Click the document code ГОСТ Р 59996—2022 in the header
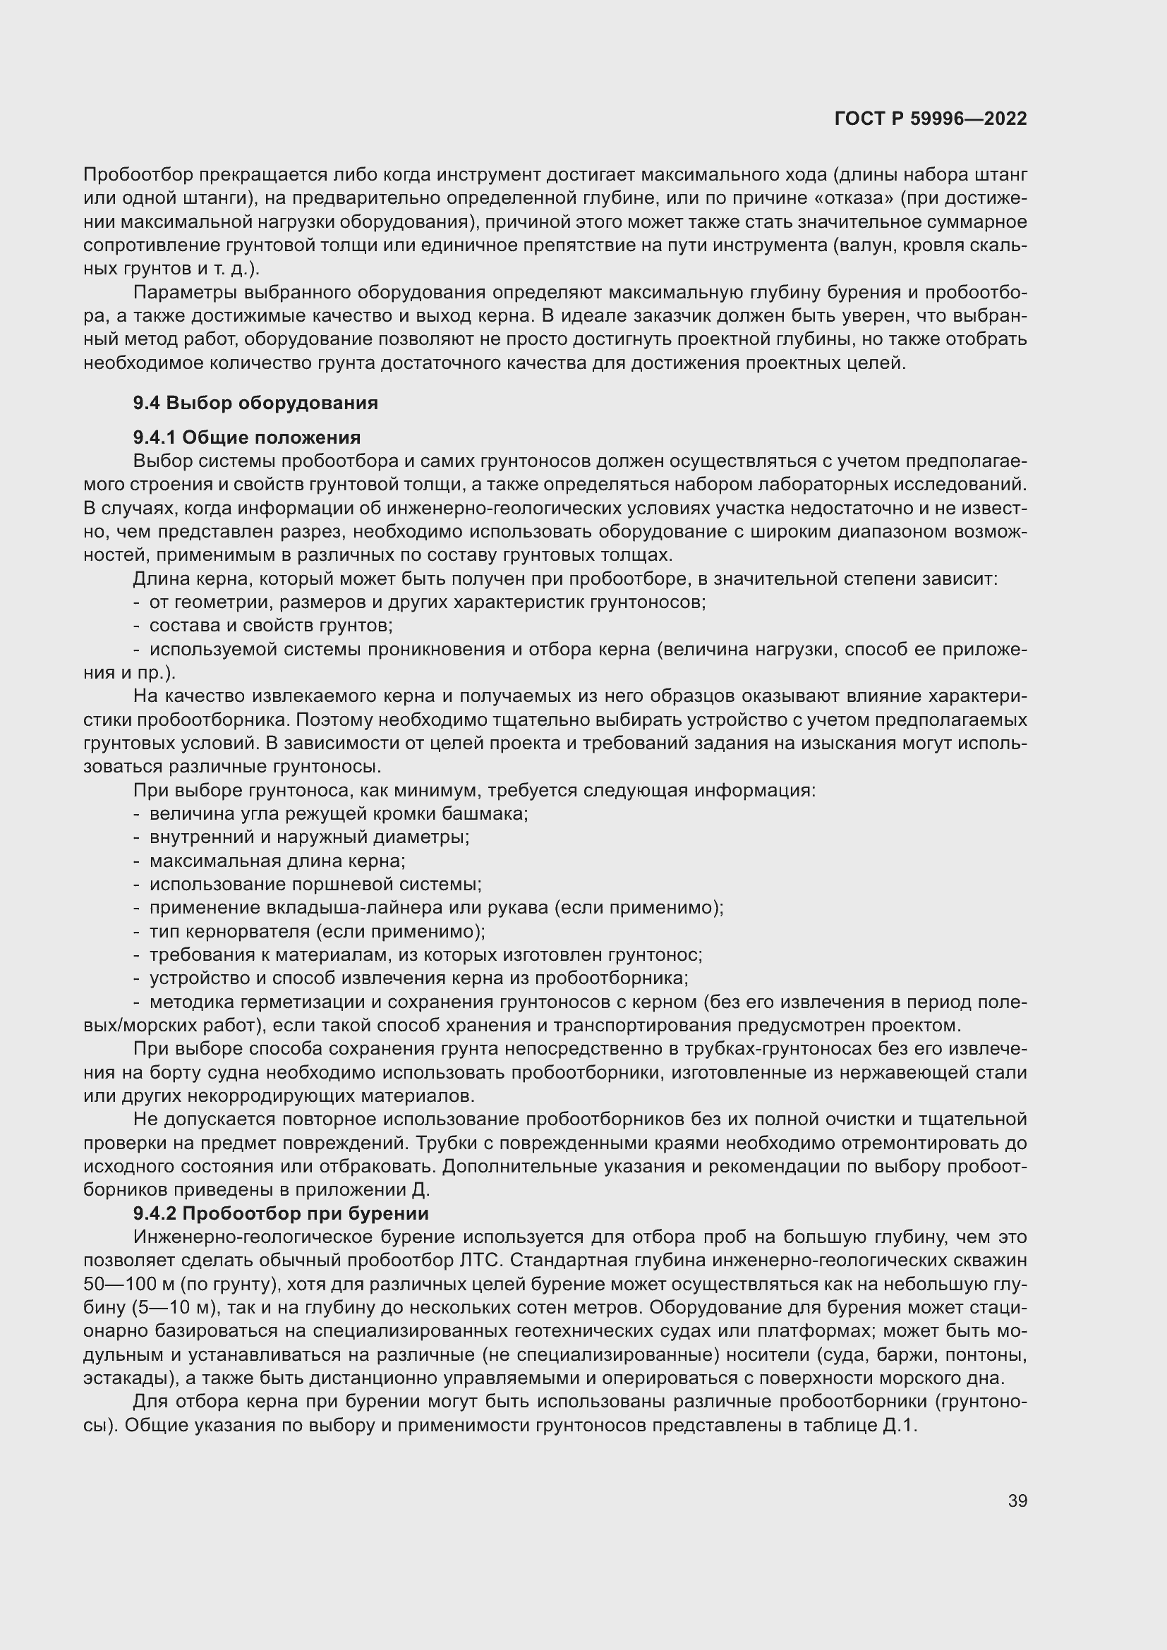click(x=931, y=119)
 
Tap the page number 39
click(x=1017, y=1501)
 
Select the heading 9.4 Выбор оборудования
click(x=255, y=404)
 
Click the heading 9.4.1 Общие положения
click(x=246, y=437)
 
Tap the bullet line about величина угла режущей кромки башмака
click(x=339, y=814)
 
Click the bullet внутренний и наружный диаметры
click(x=309, y=837)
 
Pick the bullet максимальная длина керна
click(x=277, y=861)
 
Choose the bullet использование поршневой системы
click(x=315, y=885)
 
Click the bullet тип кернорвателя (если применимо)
click(x=317, y=932)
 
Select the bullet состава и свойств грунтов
click(x=271, y=626)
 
